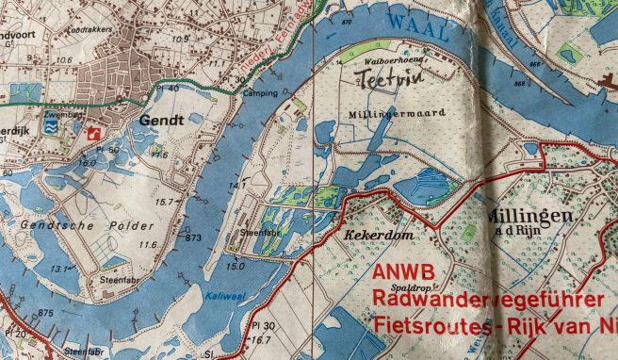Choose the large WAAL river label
coord(416,23)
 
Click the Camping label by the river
coord(260,94)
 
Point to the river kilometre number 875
coord(45,313)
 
